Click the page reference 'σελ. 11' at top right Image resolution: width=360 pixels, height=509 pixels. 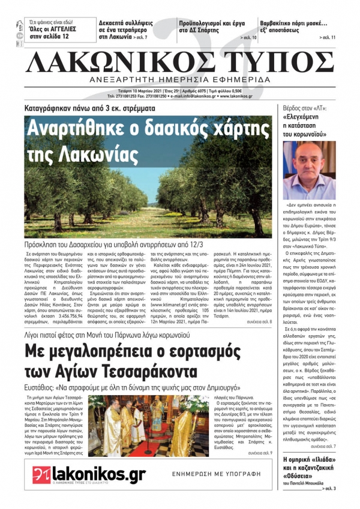(325, 38)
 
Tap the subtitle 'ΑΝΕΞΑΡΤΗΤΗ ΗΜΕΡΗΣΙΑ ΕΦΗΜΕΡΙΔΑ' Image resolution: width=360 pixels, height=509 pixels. (180, 80)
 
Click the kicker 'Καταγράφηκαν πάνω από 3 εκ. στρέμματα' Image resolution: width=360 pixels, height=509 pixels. (89, 109)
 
